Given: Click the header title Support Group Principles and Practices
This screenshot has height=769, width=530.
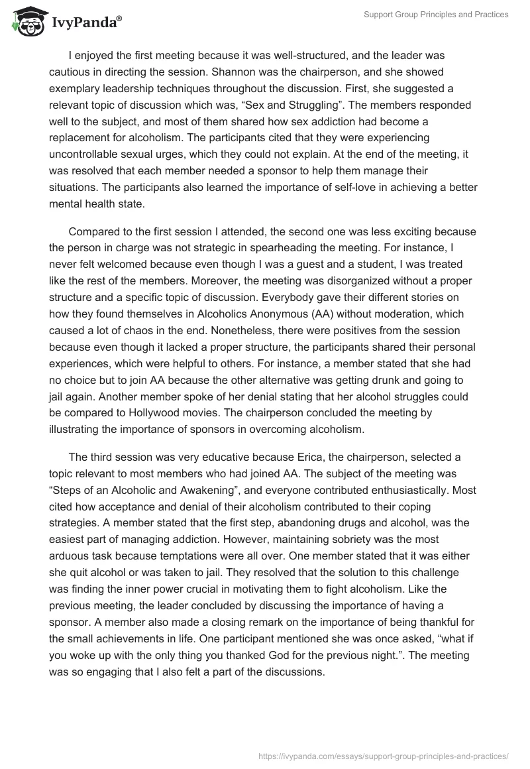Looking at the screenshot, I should coord(436,15).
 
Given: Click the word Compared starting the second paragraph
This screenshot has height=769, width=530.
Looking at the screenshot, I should coord(95,233).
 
